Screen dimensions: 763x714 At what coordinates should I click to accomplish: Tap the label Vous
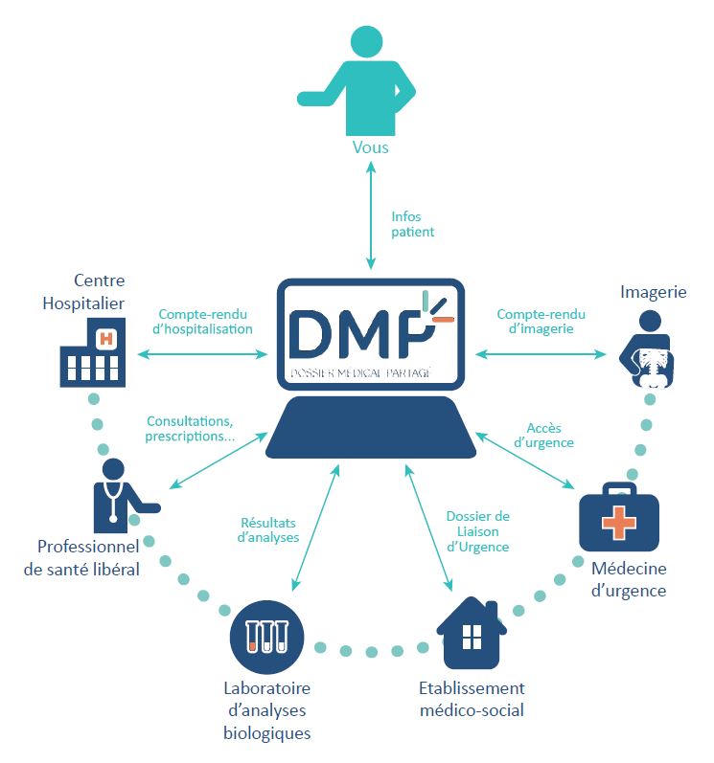pos(370,148)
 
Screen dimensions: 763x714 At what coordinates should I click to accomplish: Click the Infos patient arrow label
pos(412,224)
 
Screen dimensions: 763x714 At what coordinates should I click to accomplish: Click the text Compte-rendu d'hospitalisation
pos(205,321)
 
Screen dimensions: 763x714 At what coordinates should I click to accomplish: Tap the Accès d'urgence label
pos(549,436)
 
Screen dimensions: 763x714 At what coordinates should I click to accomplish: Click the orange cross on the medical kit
pos(618,523)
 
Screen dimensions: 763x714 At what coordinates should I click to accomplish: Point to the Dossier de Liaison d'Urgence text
pos(477,531)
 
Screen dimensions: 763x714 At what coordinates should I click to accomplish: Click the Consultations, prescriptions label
pos(190,429)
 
